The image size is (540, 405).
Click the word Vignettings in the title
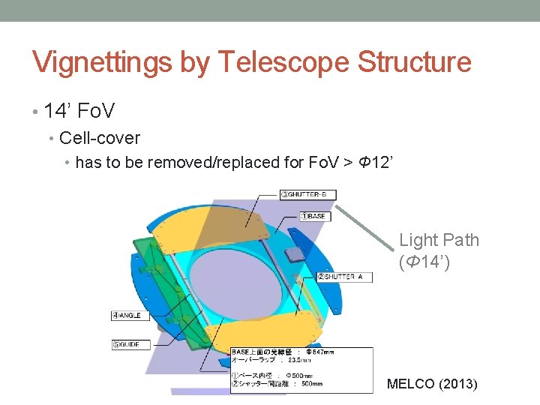click(x=102, y=62)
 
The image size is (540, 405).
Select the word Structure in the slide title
click(x=414, y=62)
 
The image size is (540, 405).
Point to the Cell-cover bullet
click(x=100, y=138)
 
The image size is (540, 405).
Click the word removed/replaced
click(x=217, y=162)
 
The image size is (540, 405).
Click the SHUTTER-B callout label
click(x=308, y=195)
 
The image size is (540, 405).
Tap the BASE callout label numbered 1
click(x=313, y=217)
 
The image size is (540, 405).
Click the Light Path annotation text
click(x=439, y=240)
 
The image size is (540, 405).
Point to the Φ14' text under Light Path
click(x=424, y=262)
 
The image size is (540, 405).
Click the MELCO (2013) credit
click(x=431, y=384)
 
